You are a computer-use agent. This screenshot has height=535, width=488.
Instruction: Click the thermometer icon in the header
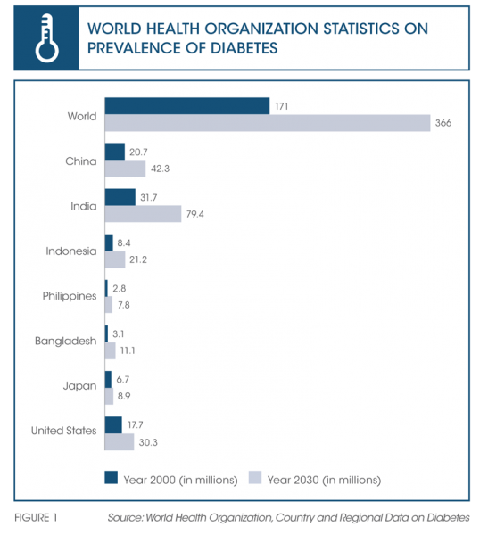[x=46, y=37]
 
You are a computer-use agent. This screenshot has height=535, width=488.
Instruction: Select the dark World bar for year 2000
[x=187, y=106]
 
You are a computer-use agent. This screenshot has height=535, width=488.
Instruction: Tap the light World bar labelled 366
[x=268, y=123]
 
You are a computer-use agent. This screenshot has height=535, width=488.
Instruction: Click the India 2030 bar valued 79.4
[x=143, y=214]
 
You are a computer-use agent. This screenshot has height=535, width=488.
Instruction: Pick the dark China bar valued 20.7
[x=115, y=152]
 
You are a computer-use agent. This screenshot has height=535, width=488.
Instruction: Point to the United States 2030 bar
[x=120, y=442]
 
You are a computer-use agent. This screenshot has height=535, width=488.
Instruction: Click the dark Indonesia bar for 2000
[x=109, y=243]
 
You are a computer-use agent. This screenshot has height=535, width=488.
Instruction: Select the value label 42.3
[x=160, y=169]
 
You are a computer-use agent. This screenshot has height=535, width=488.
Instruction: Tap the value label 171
[x=281, y=106]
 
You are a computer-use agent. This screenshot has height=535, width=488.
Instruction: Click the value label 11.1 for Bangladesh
[x=128, y=350]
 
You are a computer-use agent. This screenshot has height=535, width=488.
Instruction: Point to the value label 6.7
[x=122, y=379]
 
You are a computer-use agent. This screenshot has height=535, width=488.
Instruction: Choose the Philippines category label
[x=70, y=296]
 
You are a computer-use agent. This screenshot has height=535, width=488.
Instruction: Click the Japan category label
[x=79, y=386]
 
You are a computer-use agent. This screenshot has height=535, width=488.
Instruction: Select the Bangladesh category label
[x=65, y=341]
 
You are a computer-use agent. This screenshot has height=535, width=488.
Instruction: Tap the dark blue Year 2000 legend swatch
[x=111, y=477]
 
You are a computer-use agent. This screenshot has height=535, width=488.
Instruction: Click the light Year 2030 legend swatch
[x=255, y=477]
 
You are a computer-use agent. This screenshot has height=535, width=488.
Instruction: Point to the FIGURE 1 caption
[x=36, y=517]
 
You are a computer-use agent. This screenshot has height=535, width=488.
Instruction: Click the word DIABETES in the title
[x=244, y=48]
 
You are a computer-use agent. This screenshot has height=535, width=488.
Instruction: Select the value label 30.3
[x=148, y=442]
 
